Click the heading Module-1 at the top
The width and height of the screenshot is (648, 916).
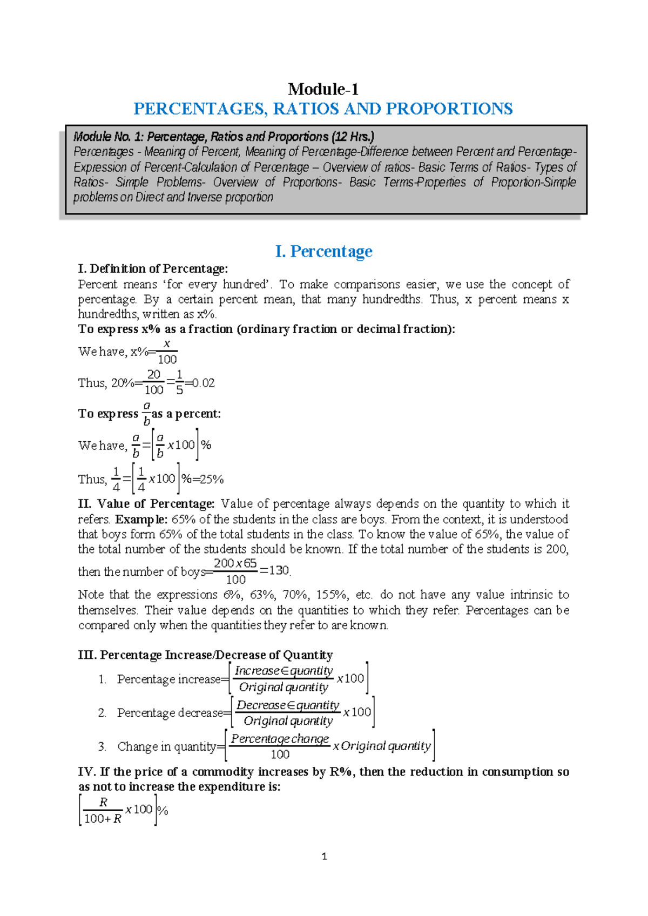(x=323, y=89)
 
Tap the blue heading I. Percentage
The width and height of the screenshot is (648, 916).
(x=323, y=251)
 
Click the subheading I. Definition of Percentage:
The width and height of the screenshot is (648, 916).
(x=153, y=269)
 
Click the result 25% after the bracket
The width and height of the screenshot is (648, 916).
(x=212, y=479)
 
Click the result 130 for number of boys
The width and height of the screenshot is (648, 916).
(x=279, y=571)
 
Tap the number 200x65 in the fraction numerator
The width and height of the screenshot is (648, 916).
(x=235, y=563)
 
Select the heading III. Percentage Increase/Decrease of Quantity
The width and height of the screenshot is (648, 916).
(x=205, y=655)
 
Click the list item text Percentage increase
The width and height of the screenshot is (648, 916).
(x=168, y=679)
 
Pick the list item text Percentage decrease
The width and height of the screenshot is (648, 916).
(x=170, y=713)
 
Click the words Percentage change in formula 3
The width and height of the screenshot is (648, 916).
(x=280, y=739)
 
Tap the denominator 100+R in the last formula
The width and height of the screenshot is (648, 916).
(x=103, y=819)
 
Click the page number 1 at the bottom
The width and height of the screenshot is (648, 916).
(x=324, y=856)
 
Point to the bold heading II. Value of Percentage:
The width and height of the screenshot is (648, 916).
(x=146, y=504)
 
